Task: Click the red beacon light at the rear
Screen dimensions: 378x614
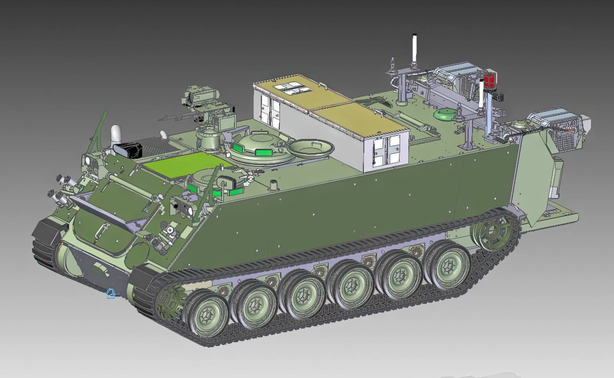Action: point(489,80)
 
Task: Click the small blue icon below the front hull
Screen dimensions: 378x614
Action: point(110,293)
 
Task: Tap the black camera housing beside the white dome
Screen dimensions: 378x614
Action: point(129,150)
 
